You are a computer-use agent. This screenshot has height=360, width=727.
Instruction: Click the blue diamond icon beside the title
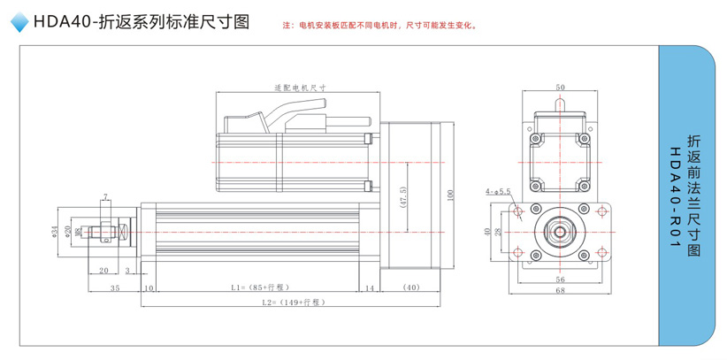coord(17,24)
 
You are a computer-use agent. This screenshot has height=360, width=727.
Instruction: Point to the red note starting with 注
coord(379,26)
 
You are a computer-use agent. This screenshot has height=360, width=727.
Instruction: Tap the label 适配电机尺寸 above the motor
coord(300,88)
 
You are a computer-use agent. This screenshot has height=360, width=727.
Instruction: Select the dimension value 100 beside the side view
coord(451,194)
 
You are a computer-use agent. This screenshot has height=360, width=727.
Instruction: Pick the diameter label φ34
coord(55,232)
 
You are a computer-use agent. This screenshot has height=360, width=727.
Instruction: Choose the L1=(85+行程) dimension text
coord(259,288)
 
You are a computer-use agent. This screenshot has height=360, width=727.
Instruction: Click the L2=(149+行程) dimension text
coord(294,303)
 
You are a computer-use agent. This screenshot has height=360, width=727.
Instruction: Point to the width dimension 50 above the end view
coord(560,88)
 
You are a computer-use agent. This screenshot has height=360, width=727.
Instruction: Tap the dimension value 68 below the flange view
coord(560,289)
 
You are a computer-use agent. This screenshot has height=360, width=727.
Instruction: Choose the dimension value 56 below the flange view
coord(560,279)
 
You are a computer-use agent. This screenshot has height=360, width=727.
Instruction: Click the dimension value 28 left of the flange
coord(498,232)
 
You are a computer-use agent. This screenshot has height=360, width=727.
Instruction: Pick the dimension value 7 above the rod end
coord(105,195)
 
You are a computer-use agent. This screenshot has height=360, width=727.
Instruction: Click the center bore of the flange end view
coord(560,232)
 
